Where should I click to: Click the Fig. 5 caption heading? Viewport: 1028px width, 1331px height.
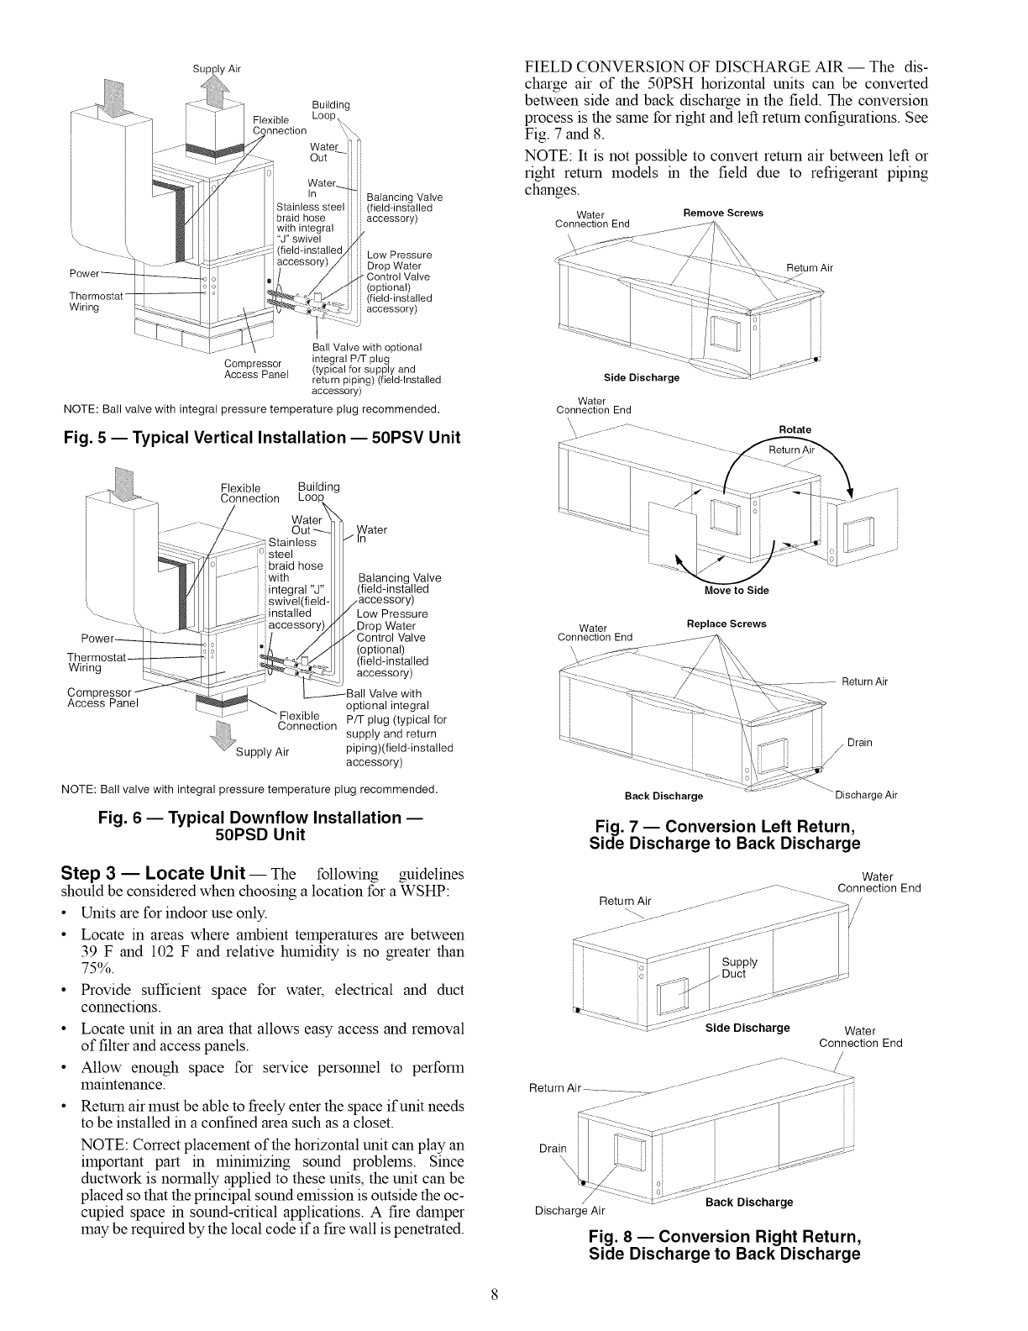[262, 438]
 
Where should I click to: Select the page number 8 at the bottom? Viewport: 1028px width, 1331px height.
[496, 1295]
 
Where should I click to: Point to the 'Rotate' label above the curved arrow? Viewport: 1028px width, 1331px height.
[795, 429]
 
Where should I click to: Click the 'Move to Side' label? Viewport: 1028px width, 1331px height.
[738, 590]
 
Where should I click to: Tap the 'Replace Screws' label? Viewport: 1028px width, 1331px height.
[726, 624]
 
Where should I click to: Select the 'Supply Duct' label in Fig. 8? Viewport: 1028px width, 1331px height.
[739, 968]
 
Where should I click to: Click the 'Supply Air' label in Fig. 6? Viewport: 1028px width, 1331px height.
[263, 751]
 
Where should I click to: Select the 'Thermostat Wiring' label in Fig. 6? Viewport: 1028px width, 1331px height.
[94, 662]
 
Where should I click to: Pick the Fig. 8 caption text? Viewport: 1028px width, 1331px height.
[725, 1245]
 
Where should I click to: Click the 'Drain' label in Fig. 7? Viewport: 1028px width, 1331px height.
[859, 742]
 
